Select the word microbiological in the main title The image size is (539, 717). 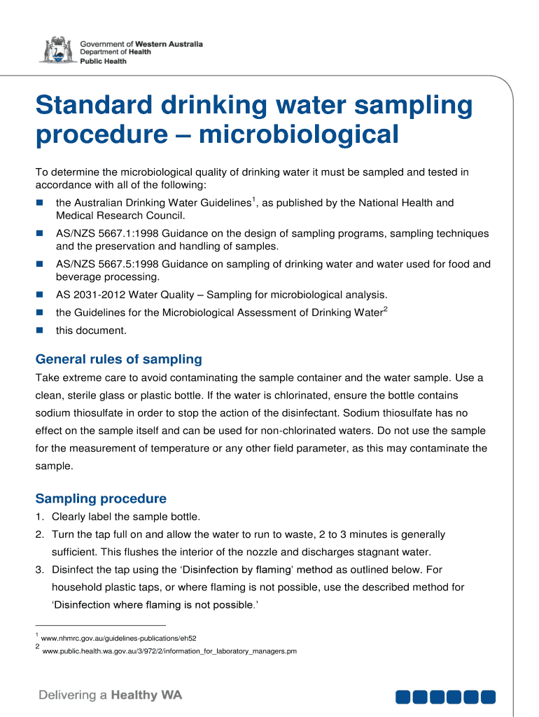[x=298, y=134]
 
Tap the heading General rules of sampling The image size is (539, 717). [x=118, y=359]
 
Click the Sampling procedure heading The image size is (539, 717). [x=101, y=499]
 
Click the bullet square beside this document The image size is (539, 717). [x=40, y=330]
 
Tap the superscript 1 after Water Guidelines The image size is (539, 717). [x=253, y=200]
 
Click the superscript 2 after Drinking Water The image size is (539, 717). [x=385, y=309]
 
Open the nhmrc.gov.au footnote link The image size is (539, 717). [x=119, y=639]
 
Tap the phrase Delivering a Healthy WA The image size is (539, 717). [x=110, y=695]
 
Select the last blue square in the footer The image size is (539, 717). [x=489, y=697]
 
